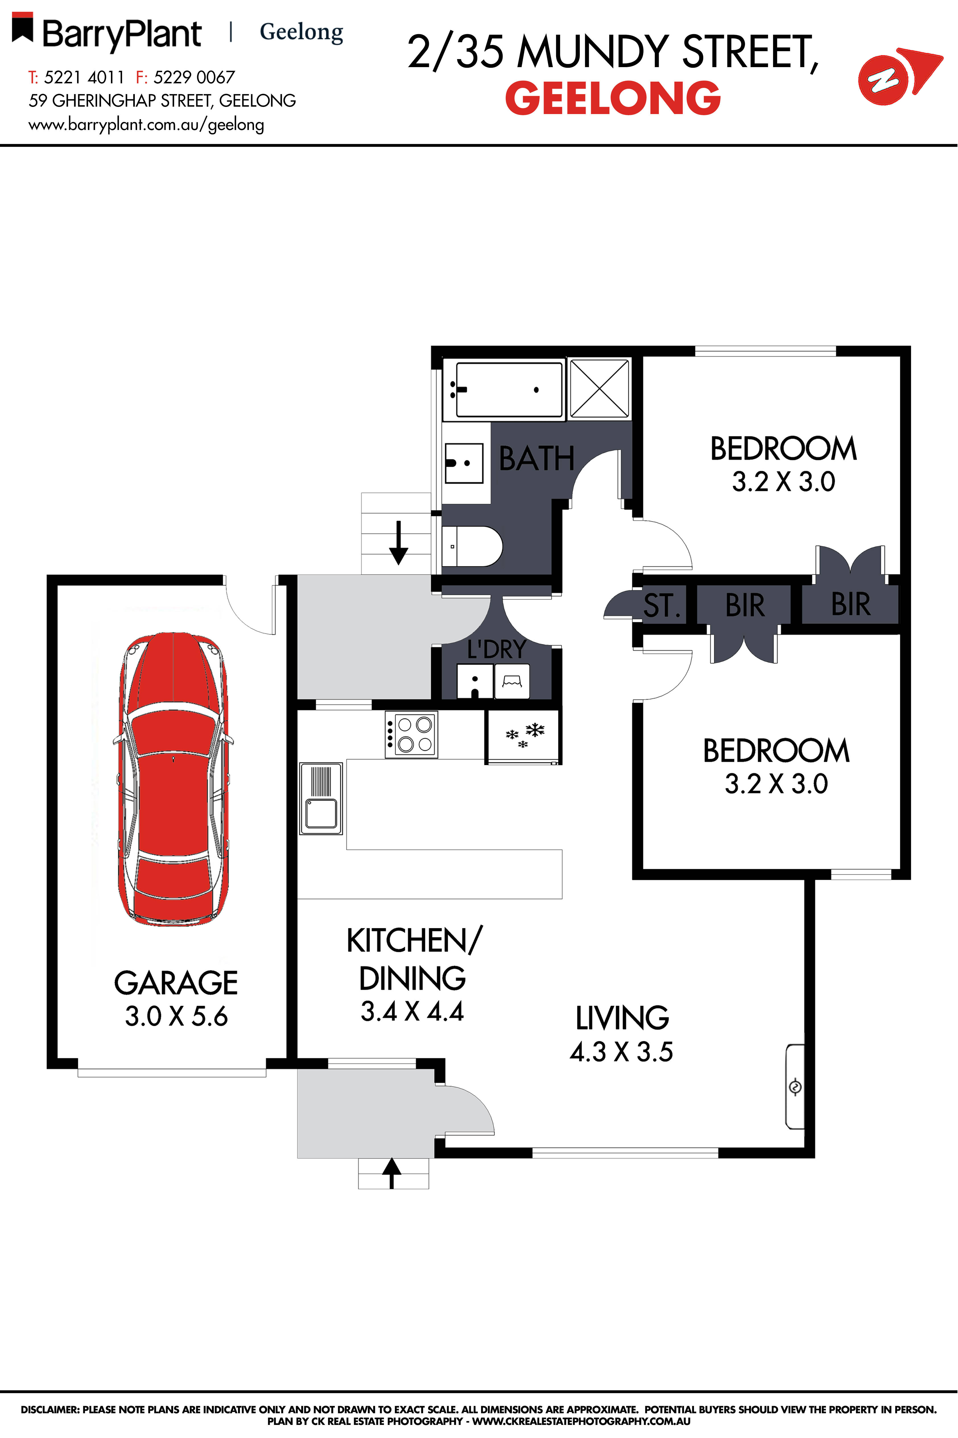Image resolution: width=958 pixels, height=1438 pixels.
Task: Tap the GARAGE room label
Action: tap(176, 983)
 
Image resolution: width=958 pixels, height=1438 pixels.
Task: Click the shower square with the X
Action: tap(599, 389)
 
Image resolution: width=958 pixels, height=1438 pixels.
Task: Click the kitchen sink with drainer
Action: tap(321, 798)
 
